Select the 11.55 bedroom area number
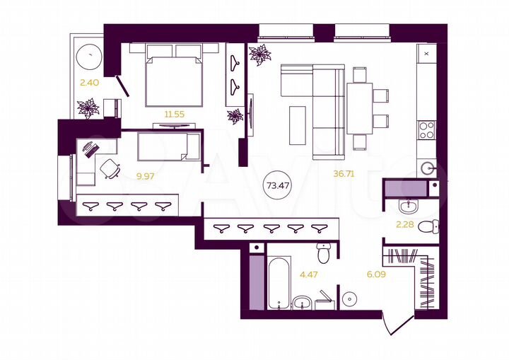tap(163, 114)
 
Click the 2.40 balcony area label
tap(88, 83)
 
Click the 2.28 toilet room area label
tap(406, 227)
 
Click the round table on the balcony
tap(88, 55)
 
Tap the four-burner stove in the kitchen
tap(427, 130)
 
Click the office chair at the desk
tap(110, 168)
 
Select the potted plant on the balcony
tap(89, 108)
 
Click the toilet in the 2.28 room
tap(427, 226)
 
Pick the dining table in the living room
tap(359, 108)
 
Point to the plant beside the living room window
tap(259, 55)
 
